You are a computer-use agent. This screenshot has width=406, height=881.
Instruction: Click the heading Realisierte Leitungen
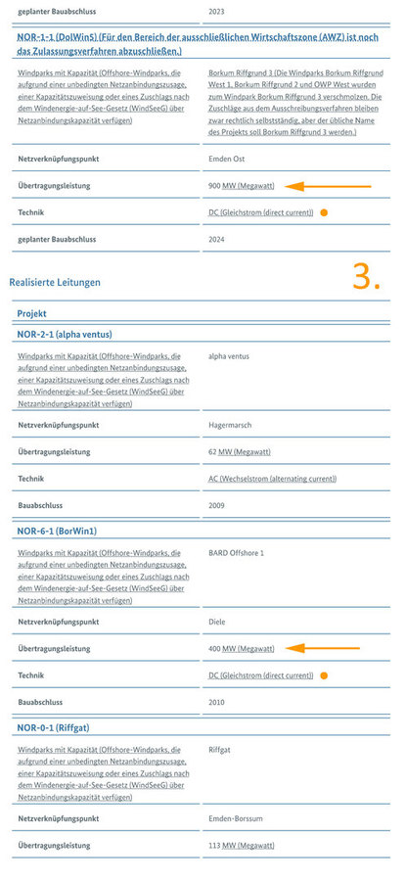(x=55, y=283)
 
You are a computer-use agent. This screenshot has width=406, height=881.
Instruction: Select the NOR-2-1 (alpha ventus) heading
(x=64, y=334)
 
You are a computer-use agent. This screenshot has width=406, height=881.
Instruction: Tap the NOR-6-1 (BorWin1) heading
(x=57, y=531)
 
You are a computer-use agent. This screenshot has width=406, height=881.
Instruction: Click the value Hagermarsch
(x=233, y=425)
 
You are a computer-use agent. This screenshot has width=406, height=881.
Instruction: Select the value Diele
(x=218, y=621)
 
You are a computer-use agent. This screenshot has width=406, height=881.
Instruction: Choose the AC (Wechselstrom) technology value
(x=273, y=479)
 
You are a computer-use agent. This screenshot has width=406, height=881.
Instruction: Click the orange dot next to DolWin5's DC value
(x=324, y=212)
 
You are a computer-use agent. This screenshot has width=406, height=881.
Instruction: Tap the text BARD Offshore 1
(x=237, y=553)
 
